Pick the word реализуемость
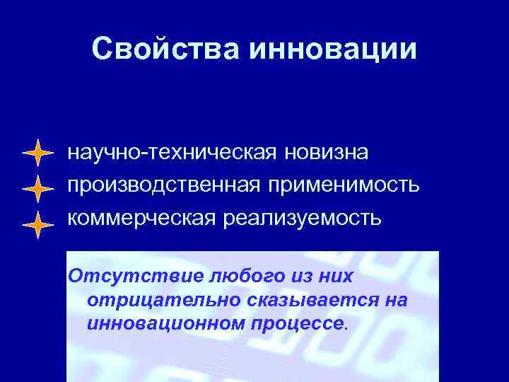[303, 217]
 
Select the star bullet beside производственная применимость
[37, 188]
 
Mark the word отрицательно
[163, 300]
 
